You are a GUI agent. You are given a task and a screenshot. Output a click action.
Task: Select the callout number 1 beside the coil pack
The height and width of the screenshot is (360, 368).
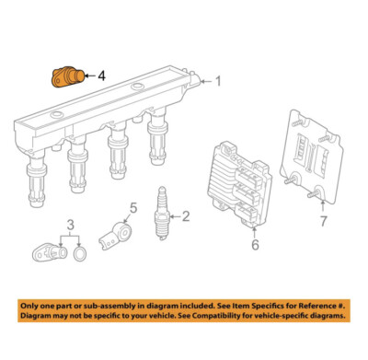pyautogui.click(x=218, y=81)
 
